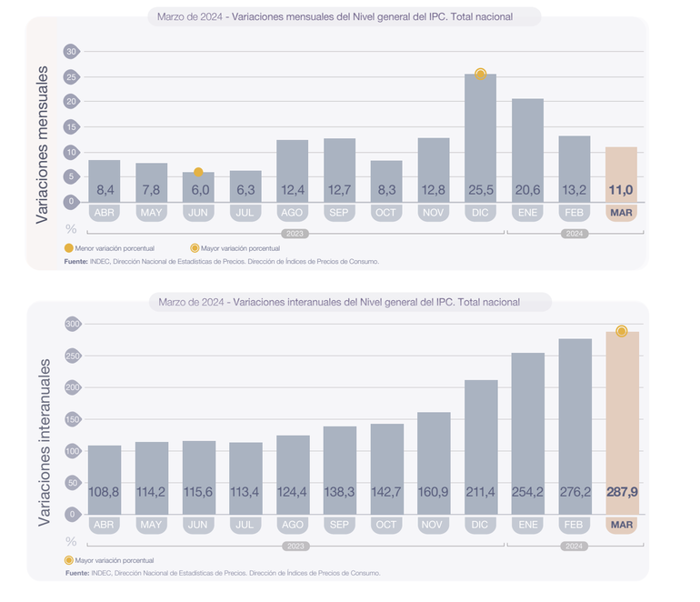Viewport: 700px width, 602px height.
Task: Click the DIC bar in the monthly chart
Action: click(x=480, y=136)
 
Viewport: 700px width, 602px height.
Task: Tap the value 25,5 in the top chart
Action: click(x=480, y=189)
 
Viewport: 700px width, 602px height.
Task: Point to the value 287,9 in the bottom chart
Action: click(x=622, y=492)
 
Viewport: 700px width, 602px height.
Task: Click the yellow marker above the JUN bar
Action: click(x=198, y=172)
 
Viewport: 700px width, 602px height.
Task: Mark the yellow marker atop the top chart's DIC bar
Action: click(x=481, y=74)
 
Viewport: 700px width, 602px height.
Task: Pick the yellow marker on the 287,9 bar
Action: click(x=622, y=331)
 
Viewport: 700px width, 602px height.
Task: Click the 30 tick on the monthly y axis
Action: click(x=71, y=51)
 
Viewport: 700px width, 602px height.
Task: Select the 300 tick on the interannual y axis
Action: click(x=72, y=324)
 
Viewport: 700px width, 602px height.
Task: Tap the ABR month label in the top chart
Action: click(x=104, y=213)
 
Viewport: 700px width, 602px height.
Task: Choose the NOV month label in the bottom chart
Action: click(x=434, y=526)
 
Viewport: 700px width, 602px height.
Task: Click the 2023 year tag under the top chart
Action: click(x=293, y=233)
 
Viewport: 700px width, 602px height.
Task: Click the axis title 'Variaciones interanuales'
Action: click(x=43, y=442)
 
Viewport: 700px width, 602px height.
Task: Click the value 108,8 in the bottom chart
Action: click(x=104, y=492)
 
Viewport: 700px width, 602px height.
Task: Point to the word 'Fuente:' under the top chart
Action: click(x=75, y=261)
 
